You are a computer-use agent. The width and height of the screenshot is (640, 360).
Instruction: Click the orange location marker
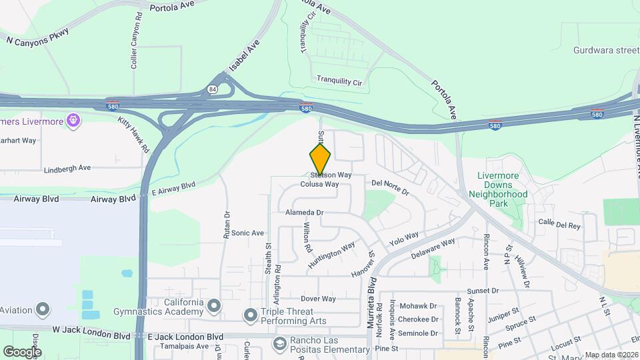pos(320,160)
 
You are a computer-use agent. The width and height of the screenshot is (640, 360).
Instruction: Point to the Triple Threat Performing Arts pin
pos(251,314)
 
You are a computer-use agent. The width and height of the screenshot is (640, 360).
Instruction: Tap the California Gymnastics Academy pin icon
pos(214,307)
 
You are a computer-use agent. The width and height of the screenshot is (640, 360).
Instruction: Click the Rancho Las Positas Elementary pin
pos(280,343)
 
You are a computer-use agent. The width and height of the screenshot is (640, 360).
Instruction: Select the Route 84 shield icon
pos(212,89)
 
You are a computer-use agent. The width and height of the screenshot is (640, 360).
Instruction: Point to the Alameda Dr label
pos(304,212)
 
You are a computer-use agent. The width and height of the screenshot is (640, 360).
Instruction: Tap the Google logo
pos(22,351)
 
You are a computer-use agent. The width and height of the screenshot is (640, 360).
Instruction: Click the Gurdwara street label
pos(606,50)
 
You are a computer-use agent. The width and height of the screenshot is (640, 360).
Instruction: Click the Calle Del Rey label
pos(559,225)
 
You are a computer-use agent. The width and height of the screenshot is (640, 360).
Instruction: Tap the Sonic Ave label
pos(248,233)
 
